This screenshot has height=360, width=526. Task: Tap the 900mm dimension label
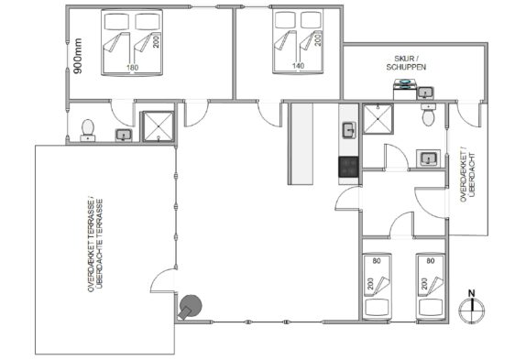(x=78, y=56)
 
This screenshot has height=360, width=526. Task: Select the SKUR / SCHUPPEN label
(x=406, y=63)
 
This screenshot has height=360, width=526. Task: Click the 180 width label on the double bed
(x=132, y=68)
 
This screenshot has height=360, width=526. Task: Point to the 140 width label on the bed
(x=298, y=66)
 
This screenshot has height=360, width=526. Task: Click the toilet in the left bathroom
(x=88, y=130)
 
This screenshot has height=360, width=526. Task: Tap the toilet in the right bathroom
(x=428, y=115)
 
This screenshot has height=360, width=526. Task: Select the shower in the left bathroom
(x=159, y=126)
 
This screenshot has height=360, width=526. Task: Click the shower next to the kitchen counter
(x=378, y=119)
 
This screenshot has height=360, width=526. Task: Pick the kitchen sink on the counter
(x=349, y=130)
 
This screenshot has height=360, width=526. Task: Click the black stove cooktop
(x=349, y=167)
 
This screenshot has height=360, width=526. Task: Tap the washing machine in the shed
(x=405, y=89)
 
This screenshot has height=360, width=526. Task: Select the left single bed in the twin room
(x=377, y=287)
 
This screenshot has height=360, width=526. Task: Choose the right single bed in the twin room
(x=431, y=287)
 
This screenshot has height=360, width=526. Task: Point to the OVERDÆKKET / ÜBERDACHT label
(x=467, y=177)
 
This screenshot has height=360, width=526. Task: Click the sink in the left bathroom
(x=124, y=135)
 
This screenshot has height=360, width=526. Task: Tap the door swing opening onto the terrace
(x=162, y=280)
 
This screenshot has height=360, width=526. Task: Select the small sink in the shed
(x=425, y=93)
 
